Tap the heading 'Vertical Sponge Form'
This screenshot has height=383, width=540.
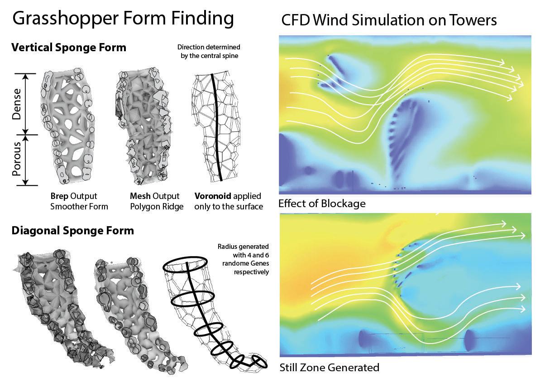click(x=69, y=48)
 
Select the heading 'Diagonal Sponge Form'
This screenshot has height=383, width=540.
click(x=72, y=231)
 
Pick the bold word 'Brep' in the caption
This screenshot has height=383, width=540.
click(x=60, y=196)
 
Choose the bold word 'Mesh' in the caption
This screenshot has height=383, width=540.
click(x=139, y=196)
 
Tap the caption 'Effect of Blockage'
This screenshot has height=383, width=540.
click(x=322, y=204)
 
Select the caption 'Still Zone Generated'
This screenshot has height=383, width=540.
click(x=329, y=368)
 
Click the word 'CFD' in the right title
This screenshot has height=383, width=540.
click(x=294, y=20)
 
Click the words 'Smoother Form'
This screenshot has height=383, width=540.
click(x=79, y=207)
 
